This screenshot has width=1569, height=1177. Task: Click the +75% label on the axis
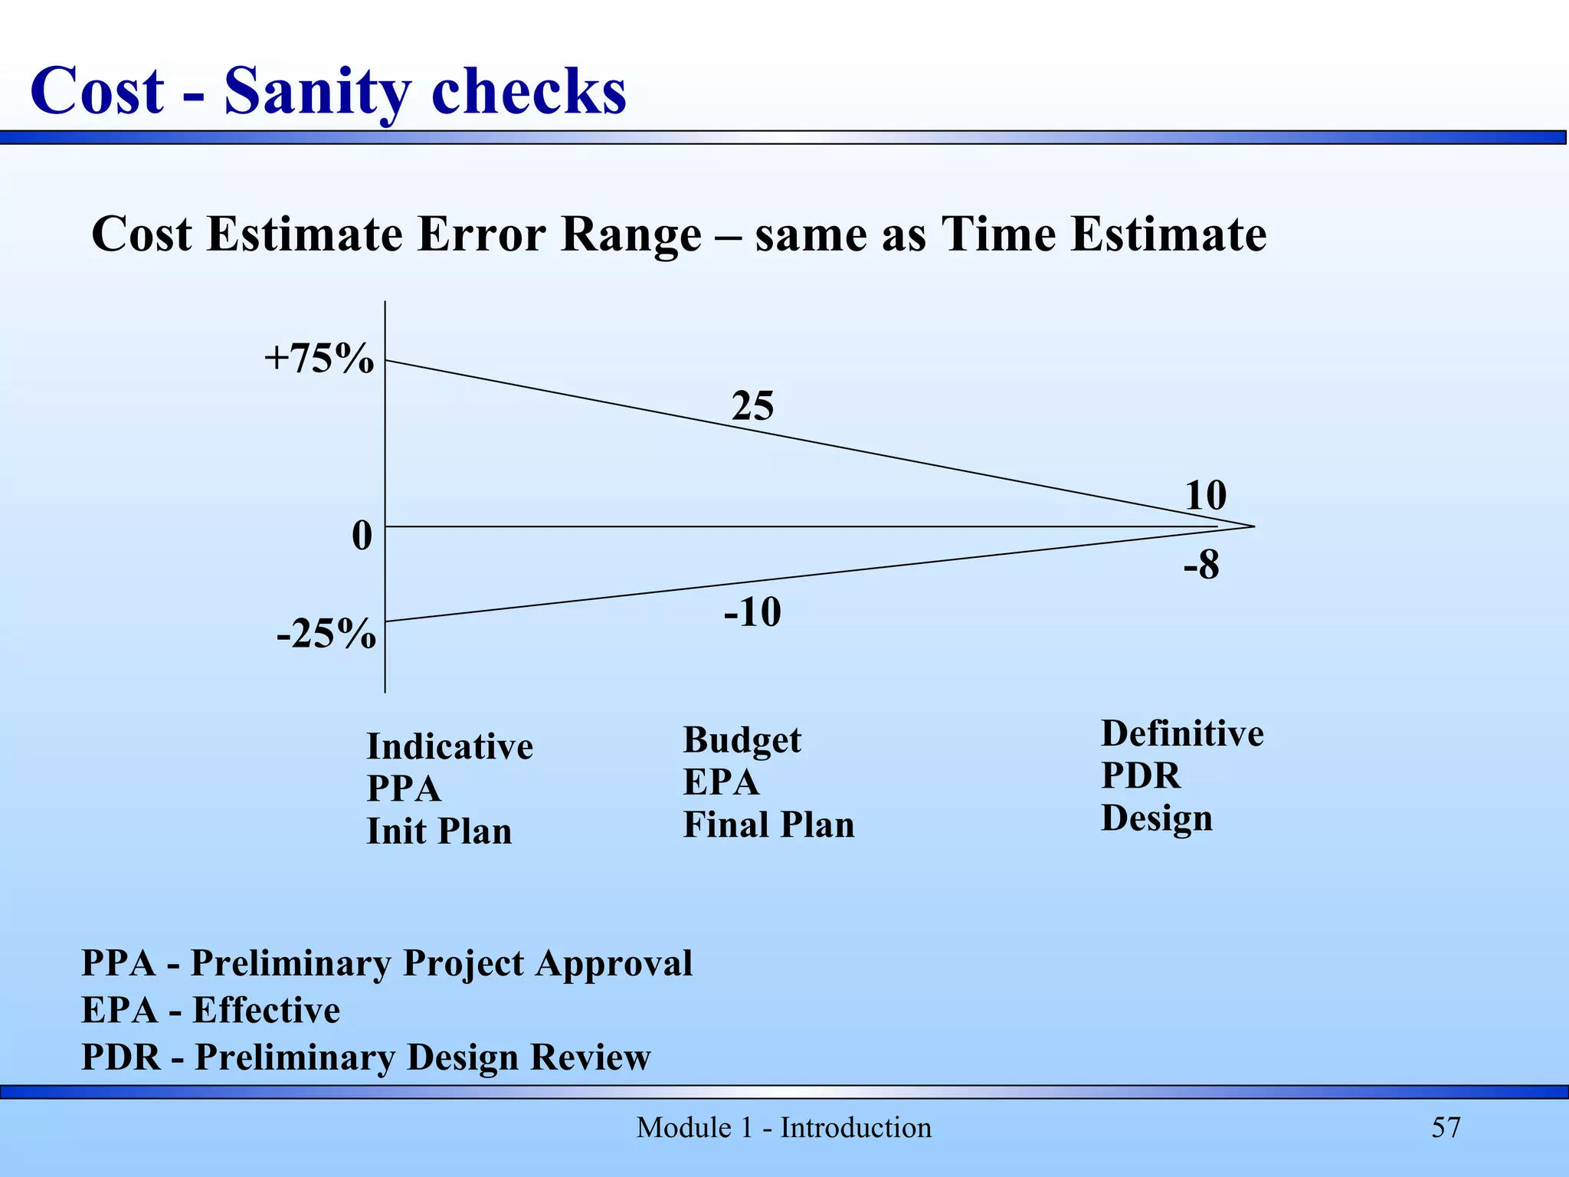[x=319, y=358]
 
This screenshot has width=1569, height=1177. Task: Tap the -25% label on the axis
[x=326, y=634]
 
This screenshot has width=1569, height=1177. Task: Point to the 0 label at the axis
[x=362, y=536]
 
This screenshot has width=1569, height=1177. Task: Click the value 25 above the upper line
[x=752, y=405]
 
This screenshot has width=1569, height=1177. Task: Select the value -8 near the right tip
[x=1200, y=566]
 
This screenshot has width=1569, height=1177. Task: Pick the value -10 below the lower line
[x=752, y=612]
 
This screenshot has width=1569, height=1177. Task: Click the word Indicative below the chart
[x=450, y=746]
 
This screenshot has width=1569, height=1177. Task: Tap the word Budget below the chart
[x=742, y=740]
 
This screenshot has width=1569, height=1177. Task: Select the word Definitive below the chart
[x=1182, y=733]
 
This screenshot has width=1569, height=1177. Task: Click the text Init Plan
[x=439, y=831]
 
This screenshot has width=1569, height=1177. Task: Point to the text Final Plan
[x=768, y=825]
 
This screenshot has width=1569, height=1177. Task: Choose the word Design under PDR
[x=1157, y=818]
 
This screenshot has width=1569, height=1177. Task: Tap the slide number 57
[x=1446, y=1127]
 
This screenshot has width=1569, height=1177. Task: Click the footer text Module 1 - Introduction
[x=784, y=1127]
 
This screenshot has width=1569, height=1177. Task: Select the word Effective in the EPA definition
[x=266, y=1010]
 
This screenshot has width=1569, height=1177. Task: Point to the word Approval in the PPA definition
[x=614, y=963]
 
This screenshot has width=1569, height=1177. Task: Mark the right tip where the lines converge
[x=1253, y=526]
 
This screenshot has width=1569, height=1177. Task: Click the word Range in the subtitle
[x=631, y=234]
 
